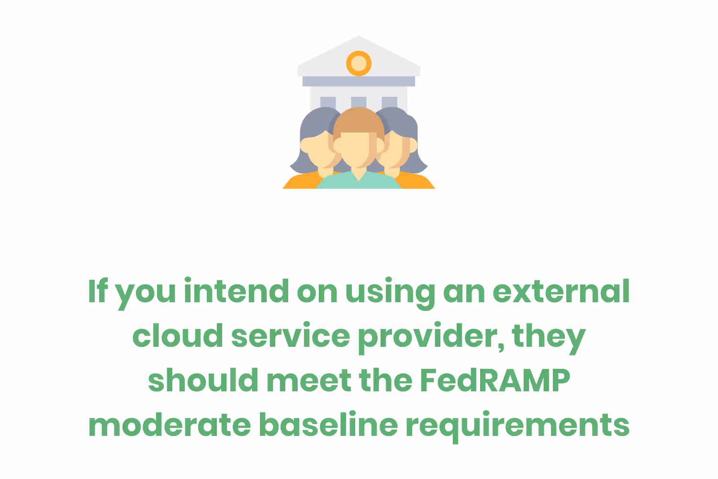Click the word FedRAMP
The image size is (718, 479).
point(495,381)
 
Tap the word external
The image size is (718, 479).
point(561,292)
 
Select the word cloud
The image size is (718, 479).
point(178,336)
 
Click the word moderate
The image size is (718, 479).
point(169,425)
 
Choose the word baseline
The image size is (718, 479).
point(328,425)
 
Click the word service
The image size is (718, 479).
point(291,336)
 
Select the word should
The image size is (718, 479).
point(203,381)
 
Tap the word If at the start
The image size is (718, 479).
point(98,292)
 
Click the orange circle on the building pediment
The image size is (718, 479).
point(359,63)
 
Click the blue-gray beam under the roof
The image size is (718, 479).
point(359,81)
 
